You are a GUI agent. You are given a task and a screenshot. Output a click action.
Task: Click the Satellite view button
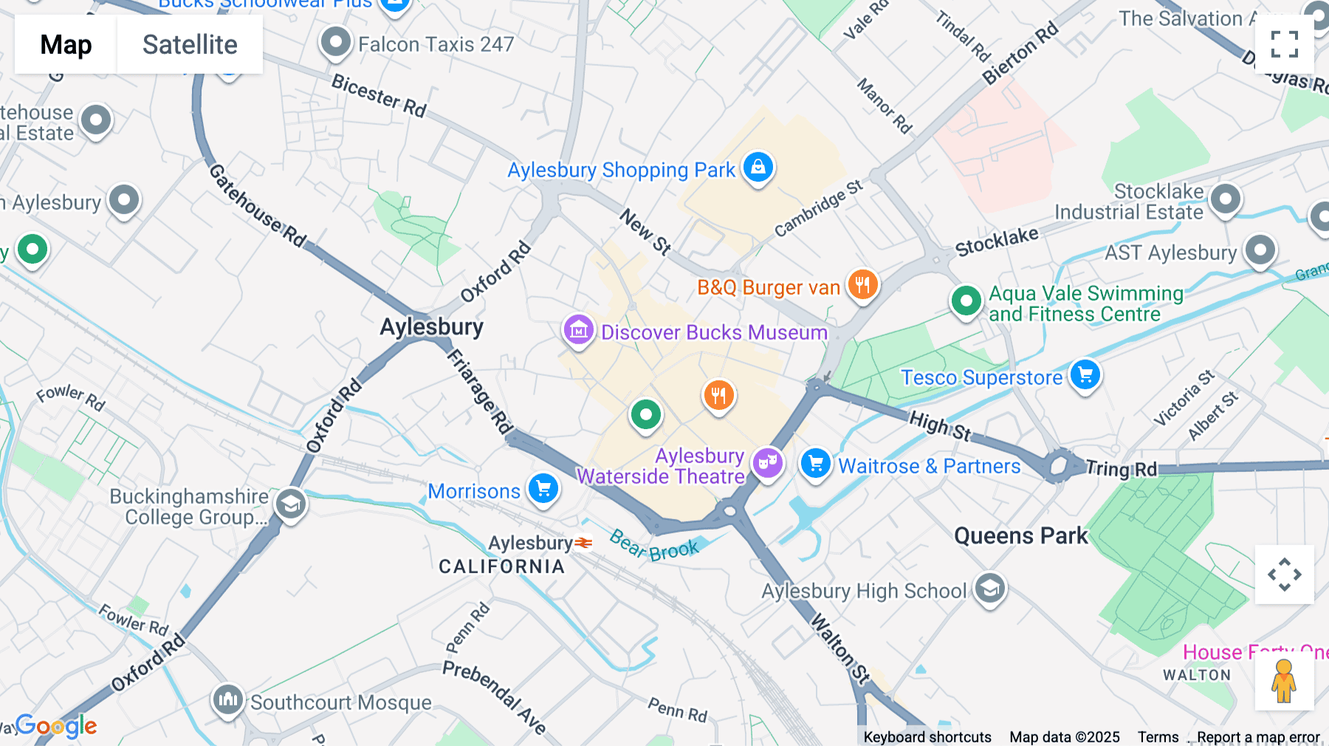tap(190, 44)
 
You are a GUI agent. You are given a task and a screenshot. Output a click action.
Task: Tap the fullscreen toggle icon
tap(1284, 44)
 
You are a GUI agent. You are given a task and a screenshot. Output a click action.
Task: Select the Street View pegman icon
tap(1284, 680)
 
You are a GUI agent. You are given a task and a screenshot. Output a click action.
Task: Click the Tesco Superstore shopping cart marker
tap(1085, 374)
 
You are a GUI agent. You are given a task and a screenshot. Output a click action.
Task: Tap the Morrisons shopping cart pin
tap(543, 489)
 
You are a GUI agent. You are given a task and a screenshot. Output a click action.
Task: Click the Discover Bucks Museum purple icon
tap(579, 330)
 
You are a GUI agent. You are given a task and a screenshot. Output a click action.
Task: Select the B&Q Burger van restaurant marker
tap(862, 284)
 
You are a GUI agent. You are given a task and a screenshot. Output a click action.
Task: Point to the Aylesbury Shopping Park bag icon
tap(758, 168)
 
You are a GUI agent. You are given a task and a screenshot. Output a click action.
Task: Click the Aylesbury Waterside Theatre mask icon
tap(768, 464)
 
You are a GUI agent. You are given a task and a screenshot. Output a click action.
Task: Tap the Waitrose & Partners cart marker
tap(816, 464)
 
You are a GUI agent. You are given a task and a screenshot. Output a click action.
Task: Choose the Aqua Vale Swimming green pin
tap(966, 301)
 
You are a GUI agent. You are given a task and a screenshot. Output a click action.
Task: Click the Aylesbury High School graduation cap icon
tap(990, 589)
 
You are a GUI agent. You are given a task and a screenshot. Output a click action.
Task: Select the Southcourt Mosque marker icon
tap(227, 699)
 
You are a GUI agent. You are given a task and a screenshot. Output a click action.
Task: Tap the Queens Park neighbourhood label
tap(1020, 535)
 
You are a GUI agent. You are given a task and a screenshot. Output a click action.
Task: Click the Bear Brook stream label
tap(654, 547)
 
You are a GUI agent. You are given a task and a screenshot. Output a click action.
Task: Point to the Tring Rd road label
tap(1122, 468)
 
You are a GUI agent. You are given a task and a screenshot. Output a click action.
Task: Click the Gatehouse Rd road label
tap(258, 205)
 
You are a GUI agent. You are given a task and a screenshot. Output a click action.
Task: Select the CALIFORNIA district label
tap(502, 567)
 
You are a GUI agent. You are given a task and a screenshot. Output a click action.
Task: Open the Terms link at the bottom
tap(1158, 736)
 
